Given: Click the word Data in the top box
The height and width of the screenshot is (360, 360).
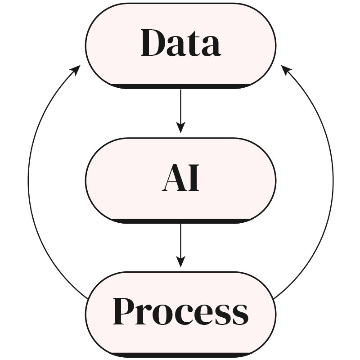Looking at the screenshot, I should click(180, 43).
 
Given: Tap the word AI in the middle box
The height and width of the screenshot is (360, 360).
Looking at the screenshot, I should click(180, 179).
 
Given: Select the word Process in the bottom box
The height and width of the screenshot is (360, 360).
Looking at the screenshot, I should click(180, 312).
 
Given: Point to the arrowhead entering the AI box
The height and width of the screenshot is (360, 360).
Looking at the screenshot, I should click(180, 128).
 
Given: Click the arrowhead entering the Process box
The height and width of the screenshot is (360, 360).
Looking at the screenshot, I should click(180, 262).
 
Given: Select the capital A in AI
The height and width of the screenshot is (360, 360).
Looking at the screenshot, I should click(173, 179).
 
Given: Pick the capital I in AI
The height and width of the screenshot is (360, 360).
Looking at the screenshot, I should click(192, 179).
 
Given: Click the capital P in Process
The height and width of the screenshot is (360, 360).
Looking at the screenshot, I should click(124, 311).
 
